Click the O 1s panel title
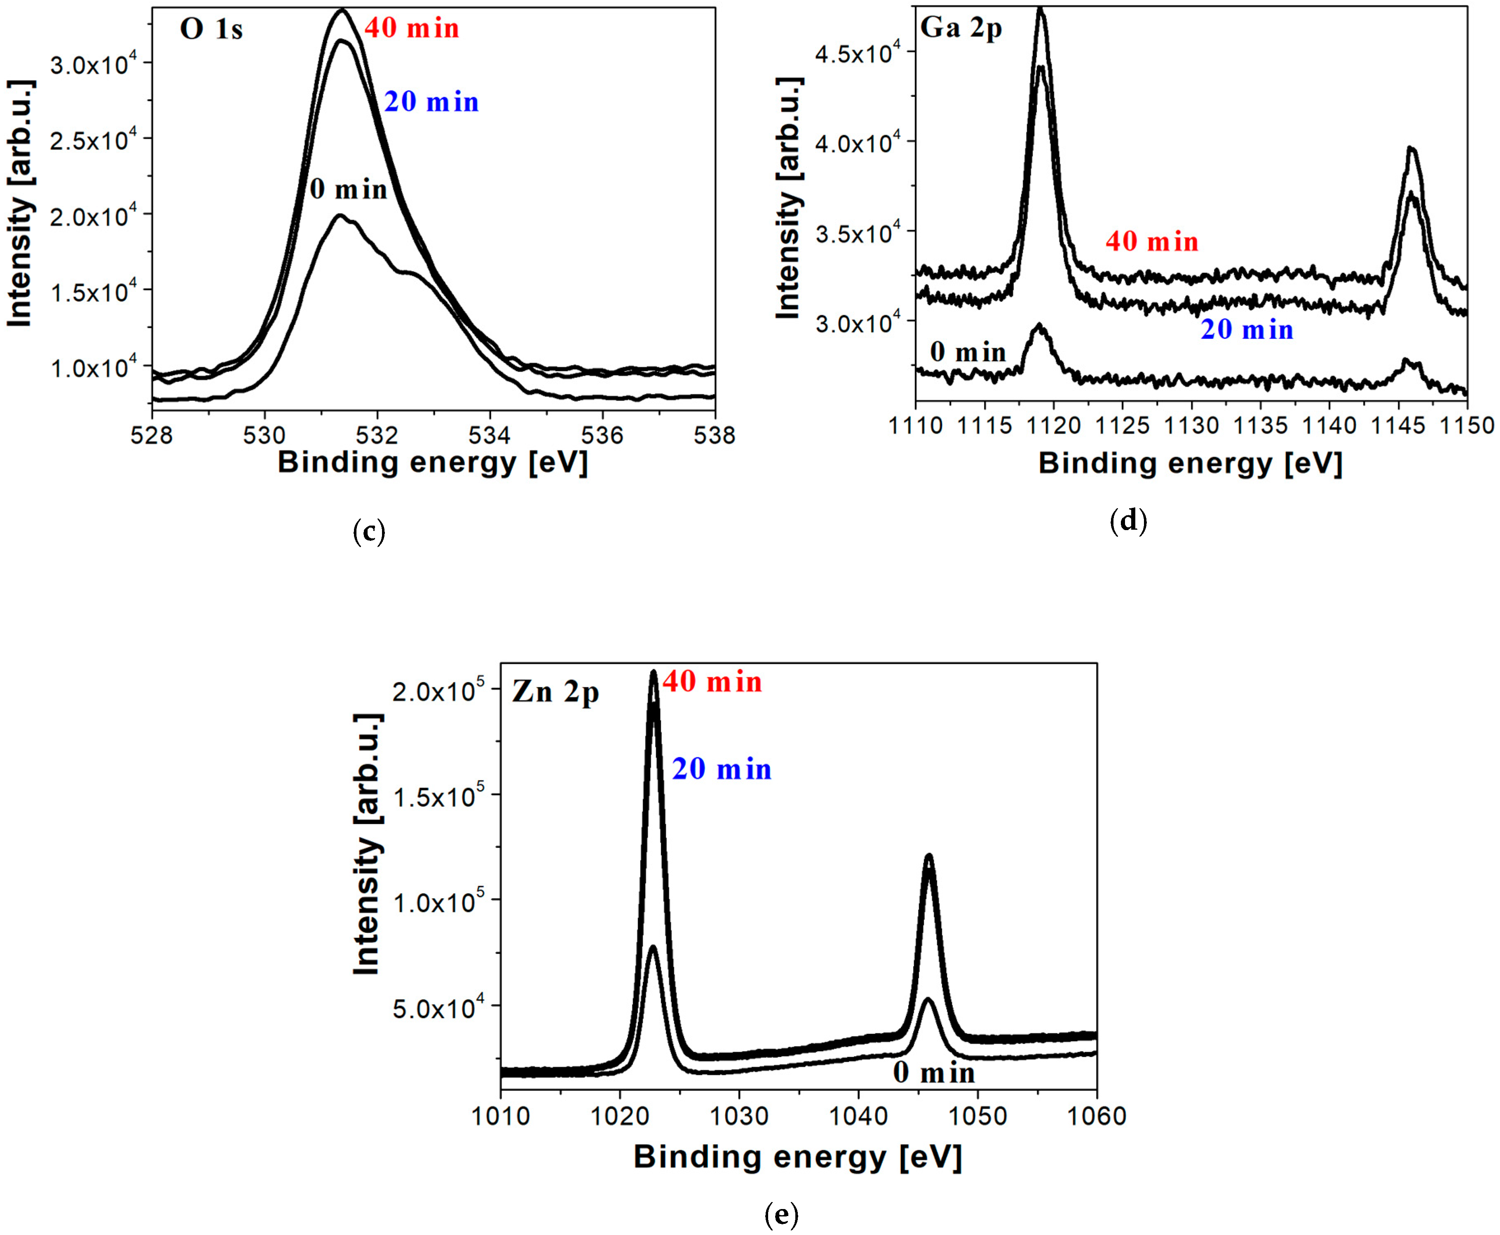point(211,29)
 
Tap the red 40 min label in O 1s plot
point(412,28)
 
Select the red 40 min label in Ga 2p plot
point(1151,242)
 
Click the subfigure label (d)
point(1129,521)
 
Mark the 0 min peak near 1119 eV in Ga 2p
point(1040,326)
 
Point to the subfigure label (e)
point(781,1214)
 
